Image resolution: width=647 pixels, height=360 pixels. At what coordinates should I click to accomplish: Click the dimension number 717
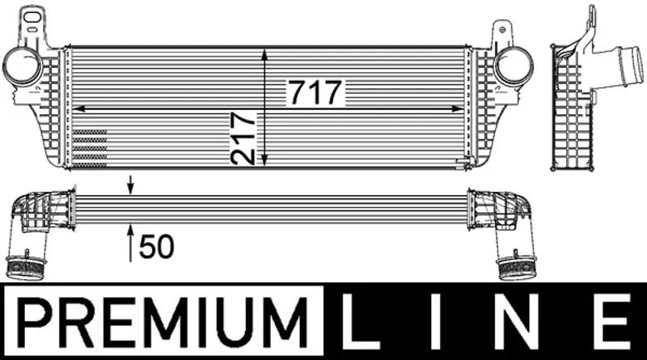(x=315, y=92)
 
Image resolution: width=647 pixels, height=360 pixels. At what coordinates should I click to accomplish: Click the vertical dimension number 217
(x=243, y=138)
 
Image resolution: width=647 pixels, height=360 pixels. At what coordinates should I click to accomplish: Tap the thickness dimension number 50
(x=157, y=247)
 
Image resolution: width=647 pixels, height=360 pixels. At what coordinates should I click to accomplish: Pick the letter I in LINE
(x=436, y=321)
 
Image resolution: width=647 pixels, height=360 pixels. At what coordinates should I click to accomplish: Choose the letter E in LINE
(x=612, y=321)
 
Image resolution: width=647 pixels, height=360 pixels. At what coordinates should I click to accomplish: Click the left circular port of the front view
(x=23, y=66)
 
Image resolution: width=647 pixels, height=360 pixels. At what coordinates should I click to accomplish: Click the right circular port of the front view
(x=514, y=66)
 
